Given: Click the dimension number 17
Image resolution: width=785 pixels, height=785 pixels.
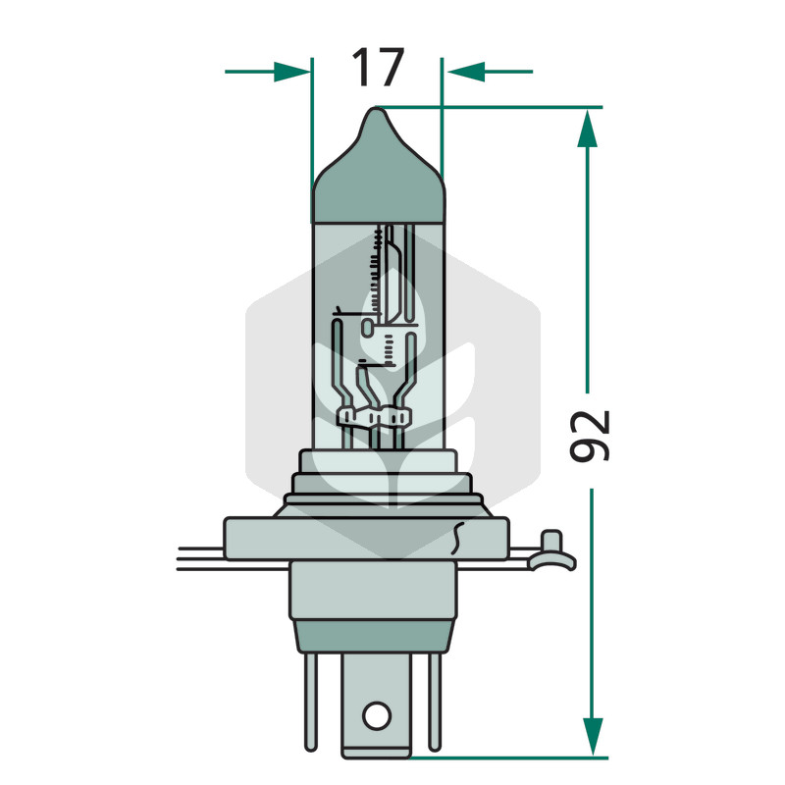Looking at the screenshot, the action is click(x=378, y=67).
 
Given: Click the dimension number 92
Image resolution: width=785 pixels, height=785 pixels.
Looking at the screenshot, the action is click(x=590, y=435).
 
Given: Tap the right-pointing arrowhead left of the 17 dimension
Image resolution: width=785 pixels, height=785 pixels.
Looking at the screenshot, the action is click(x=291, y=72).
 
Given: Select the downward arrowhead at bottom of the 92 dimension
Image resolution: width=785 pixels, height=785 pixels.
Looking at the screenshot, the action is click(x=593, y=737).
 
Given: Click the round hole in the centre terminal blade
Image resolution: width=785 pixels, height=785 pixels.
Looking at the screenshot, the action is click(x=377, y=716).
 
